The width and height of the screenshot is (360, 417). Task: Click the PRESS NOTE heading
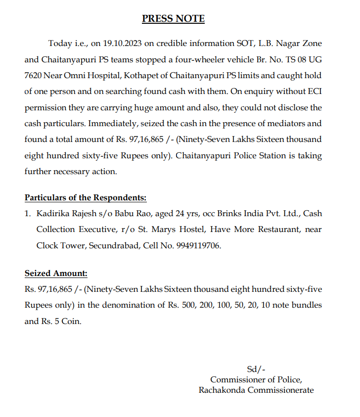coord(173,19)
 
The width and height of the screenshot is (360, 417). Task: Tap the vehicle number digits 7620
coord(33,76)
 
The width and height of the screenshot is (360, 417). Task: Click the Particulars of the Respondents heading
coord(86,198)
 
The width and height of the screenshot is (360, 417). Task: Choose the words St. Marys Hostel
coord(193,230)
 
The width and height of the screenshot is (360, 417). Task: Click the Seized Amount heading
coord(56,273)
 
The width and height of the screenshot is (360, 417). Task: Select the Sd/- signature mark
coord(256,369)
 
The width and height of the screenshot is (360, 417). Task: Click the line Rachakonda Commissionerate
coord(256,390)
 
